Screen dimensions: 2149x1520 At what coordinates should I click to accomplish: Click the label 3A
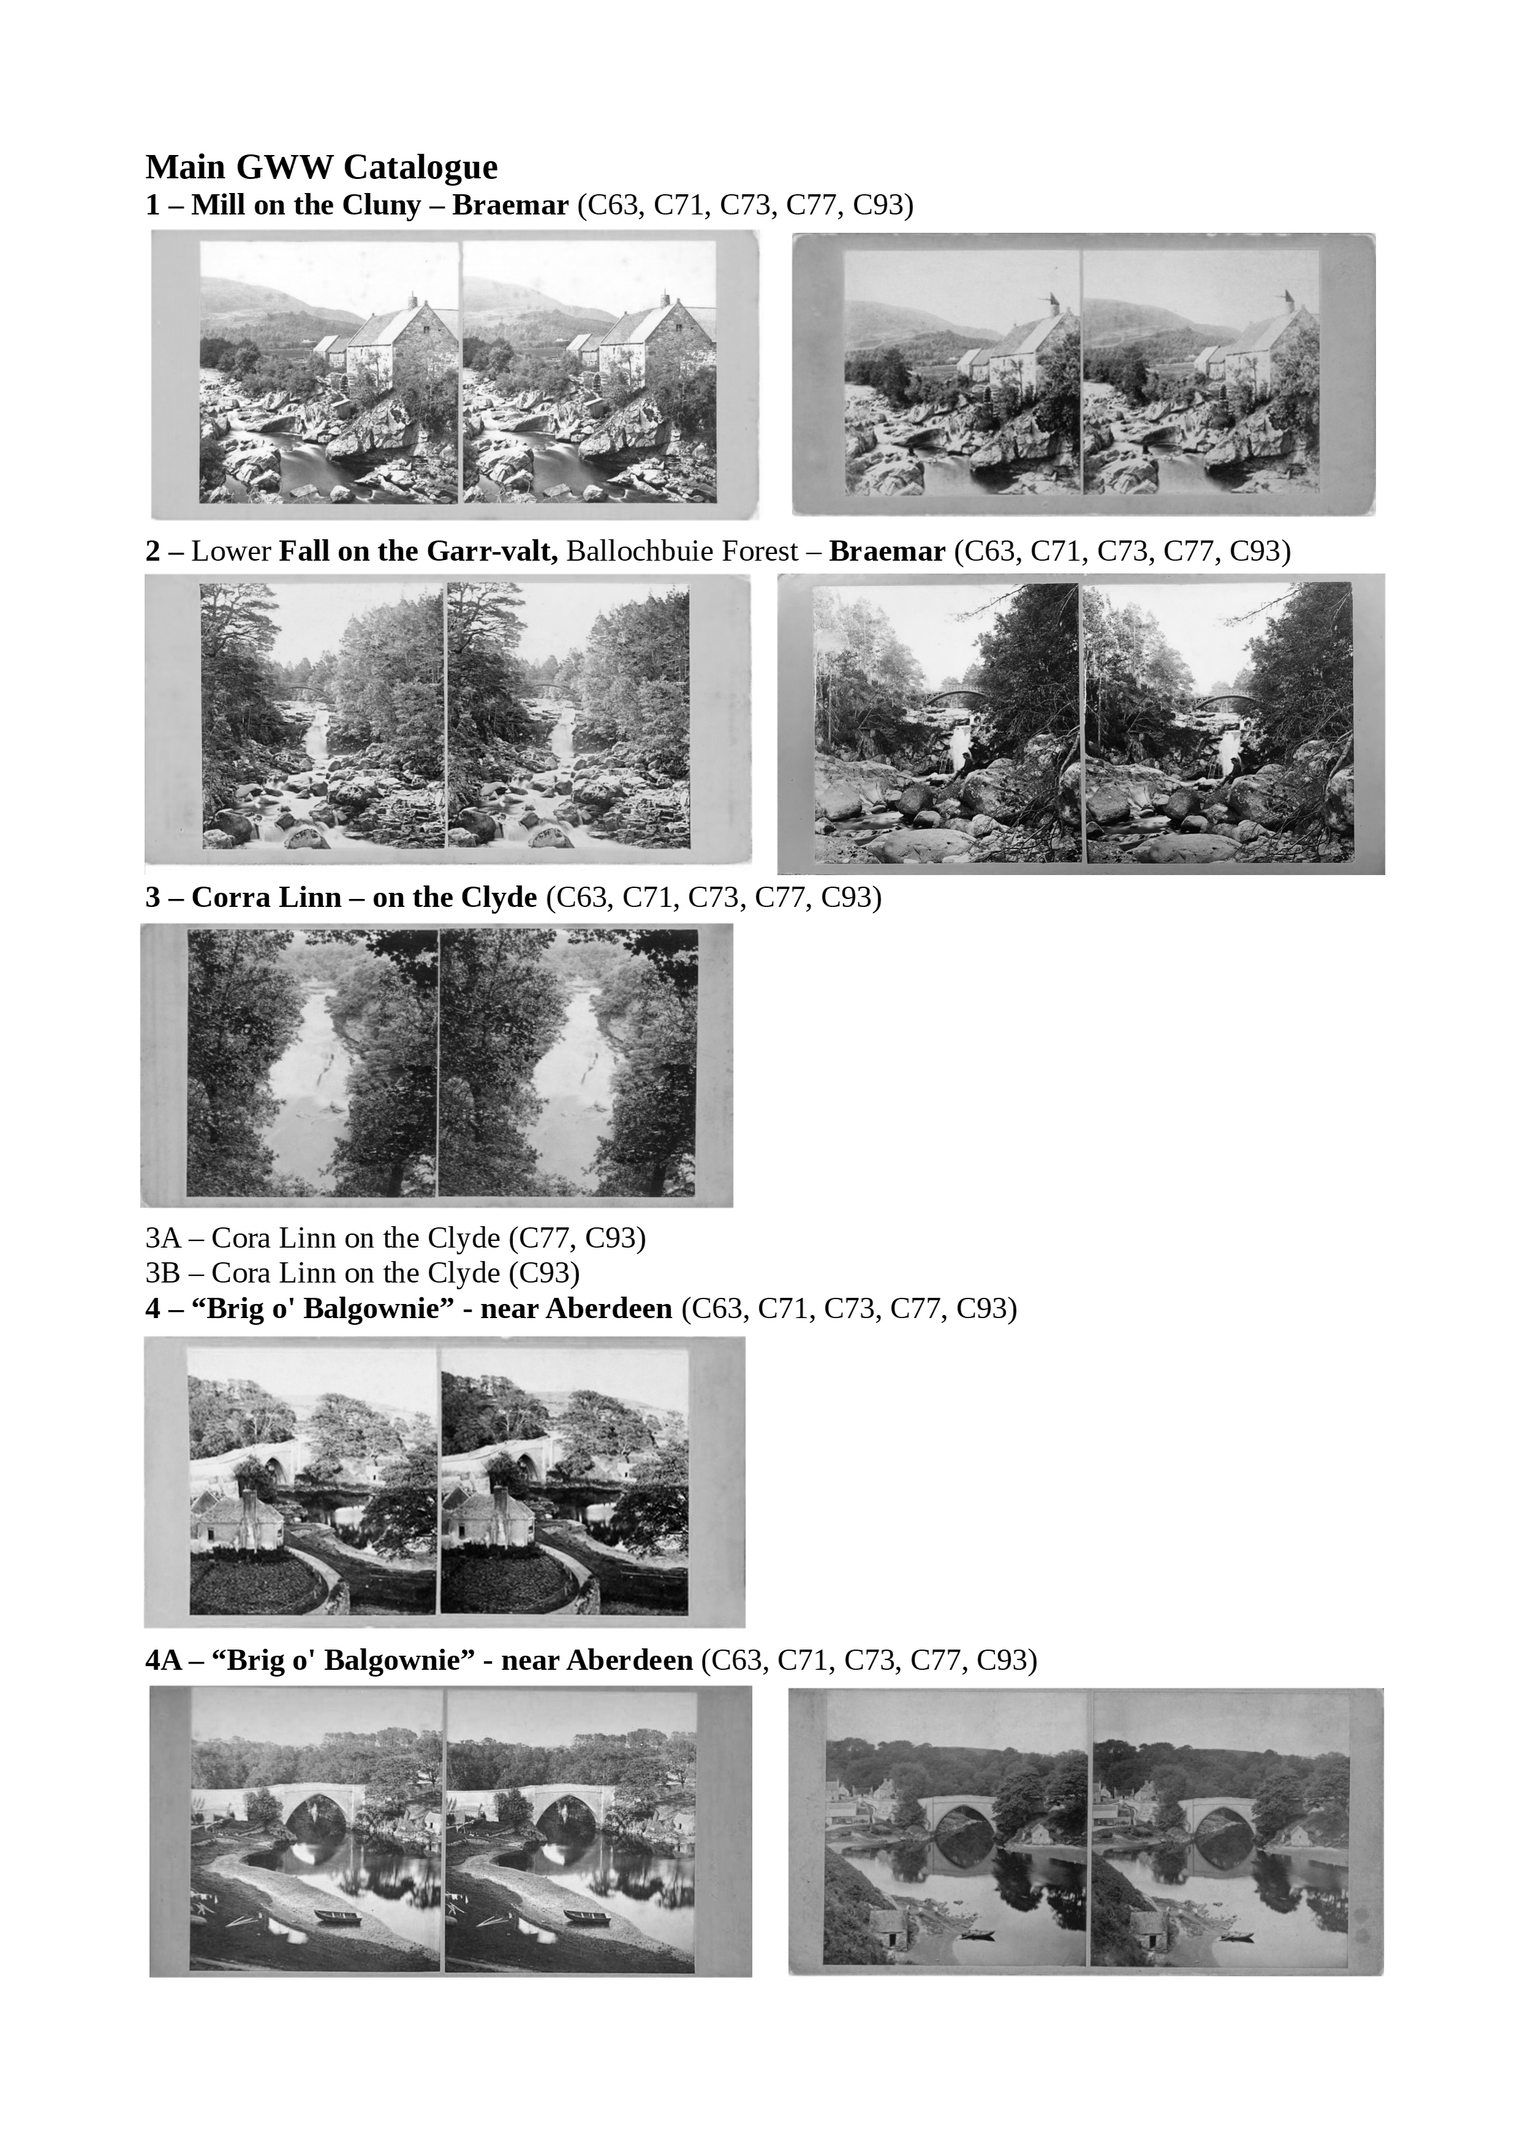[163, 1238]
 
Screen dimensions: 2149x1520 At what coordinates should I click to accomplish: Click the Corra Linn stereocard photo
[437, 1065]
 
